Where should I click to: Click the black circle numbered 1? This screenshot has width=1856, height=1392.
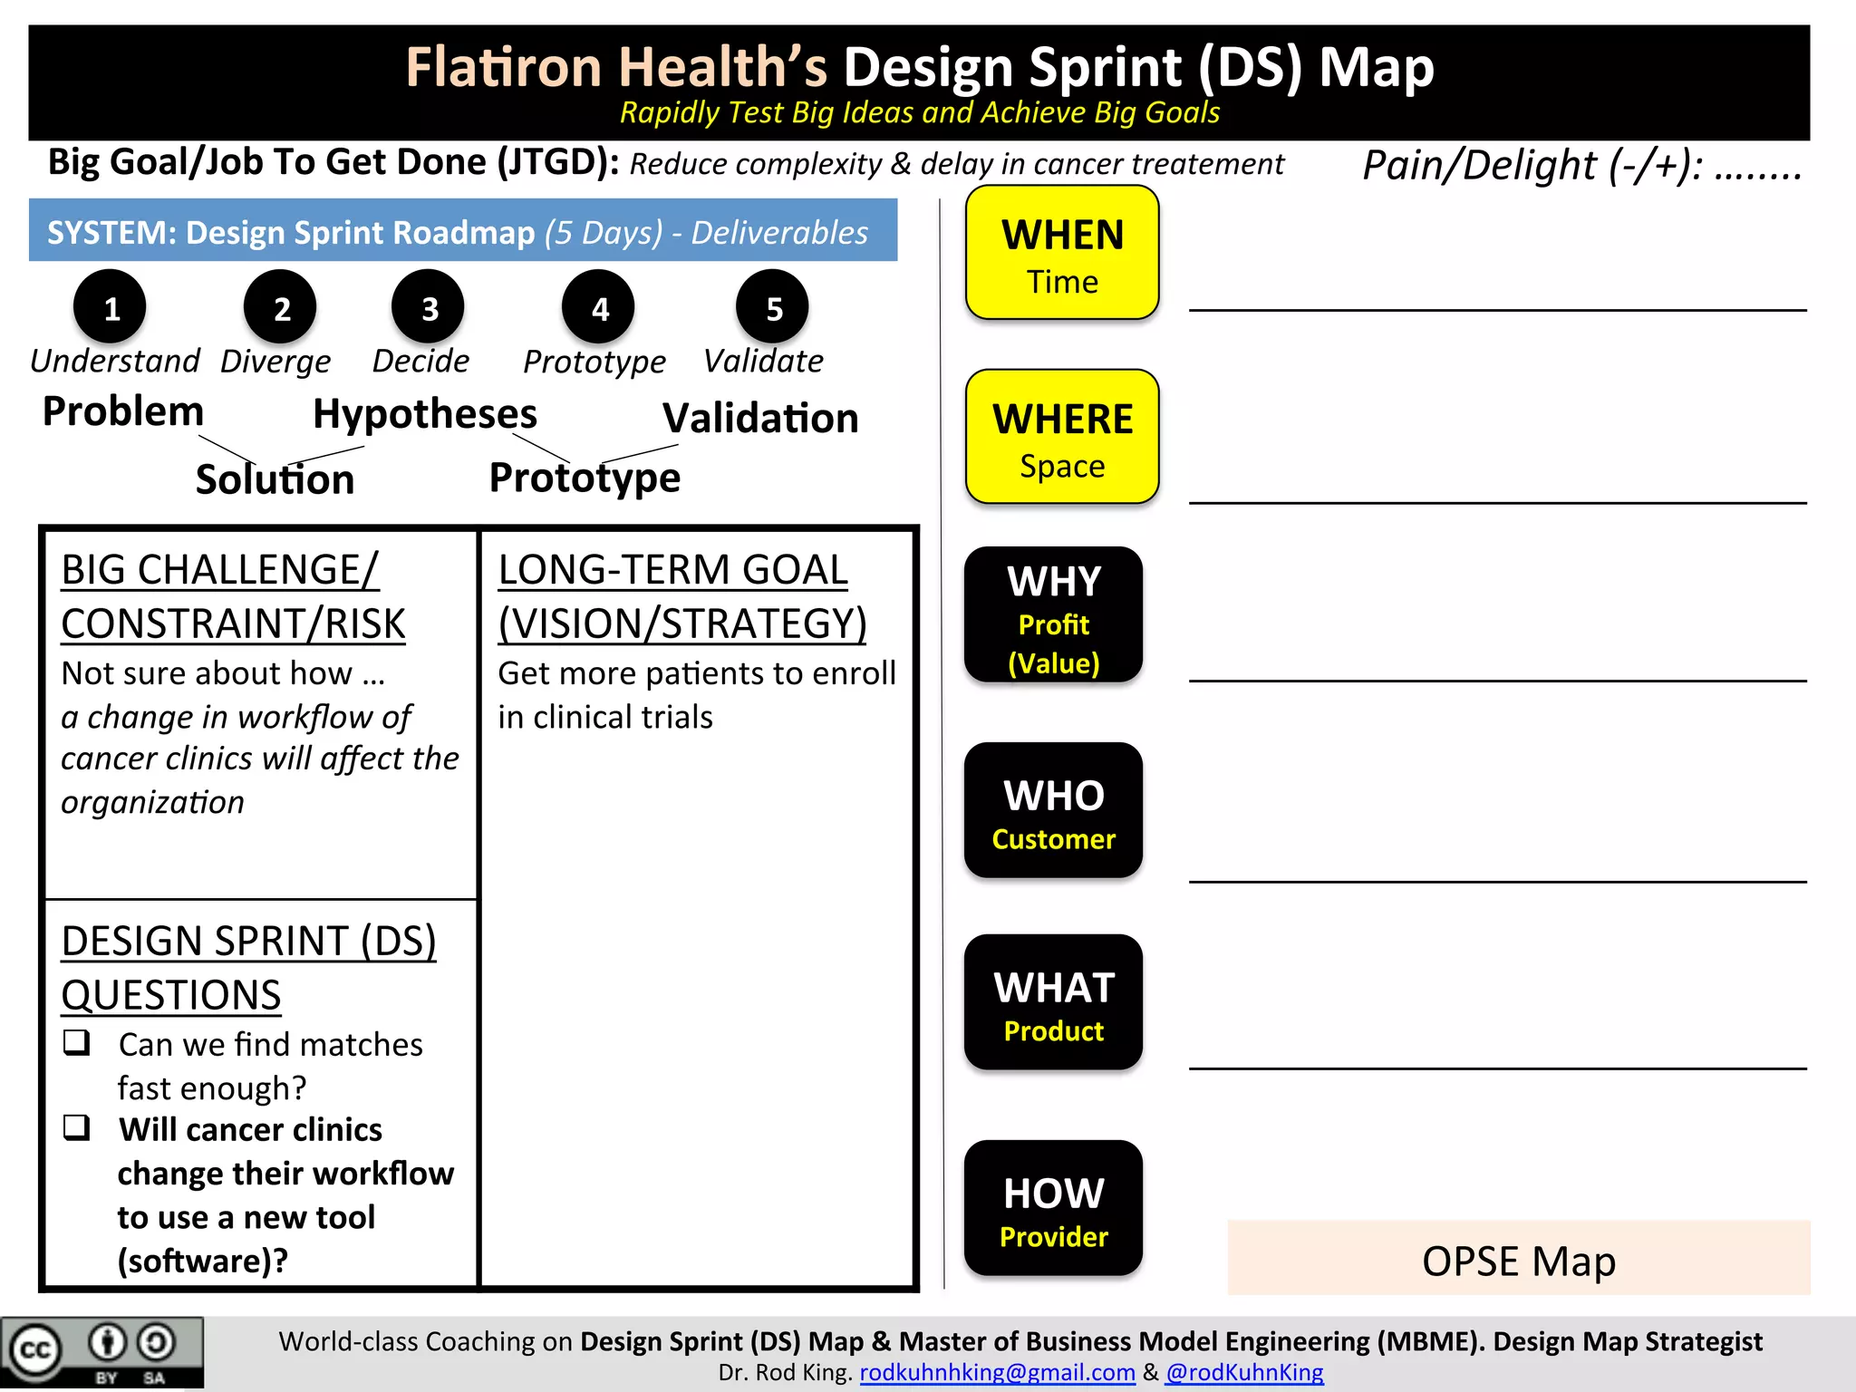pos(111,307)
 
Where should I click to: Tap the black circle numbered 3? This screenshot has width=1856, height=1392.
pos(429,307)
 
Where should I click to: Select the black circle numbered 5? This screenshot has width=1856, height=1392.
pos(773,307)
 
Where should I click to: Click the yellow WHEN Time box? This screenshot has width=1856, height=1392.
pos(1062,253)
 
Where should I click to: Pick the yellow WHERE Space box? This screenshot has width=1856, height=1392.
pos(1062,437)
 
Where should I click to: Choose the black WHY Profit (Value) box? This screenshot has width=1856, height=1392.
pos(1053,615)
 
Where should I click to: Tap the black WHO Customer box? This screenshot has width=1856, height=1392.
pos(1053,810)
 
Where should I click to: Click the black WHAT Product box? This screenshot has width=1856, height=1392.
pos(1053,1002)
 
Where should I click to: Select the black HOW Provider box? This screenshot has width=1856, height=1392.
pos(1053,1208)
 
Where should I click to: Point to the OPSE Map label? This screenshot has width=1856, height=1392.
pos(1518,1260)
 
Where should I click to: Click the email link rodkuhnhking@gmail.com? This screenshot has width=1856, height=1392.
pos(997,1372)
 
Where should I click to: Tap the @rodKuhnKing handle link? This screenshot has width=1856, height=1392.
pos(1244,1372)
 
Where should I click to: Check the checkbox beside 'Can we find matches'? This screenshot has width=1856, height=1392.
pos(77,1042)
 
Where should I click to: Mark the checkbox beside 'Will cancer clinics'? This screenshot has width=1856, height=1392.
pos(77,1127)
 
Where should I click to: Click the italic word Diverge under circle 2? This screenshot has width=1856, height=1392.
pos(275,362)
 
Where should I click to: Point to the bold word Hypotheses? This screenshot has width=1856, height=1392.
pos(425,414)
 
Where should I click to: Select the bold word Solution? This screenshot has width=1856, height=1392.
pos(275,478)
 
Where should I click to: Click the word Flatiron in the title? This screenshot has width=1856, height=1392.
pos(504,67)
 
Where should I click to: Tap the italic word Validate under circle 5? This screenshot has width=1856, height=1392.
pos(763,361)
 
